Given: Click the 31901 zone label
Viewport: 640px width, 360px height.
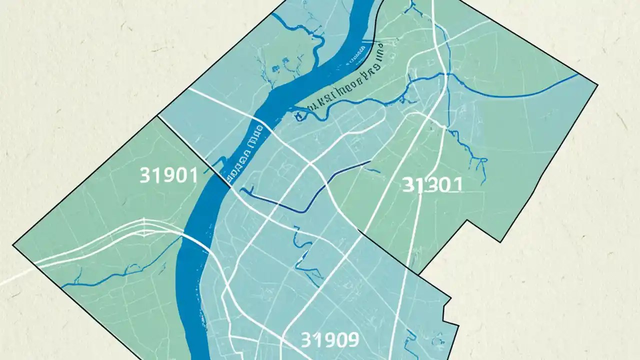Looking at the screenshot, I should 168,175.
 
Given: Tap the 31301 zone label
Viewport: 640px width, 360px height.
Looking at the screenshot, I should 432,185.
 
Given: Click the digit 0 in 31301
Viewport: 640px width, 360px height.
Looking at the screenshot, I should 444,185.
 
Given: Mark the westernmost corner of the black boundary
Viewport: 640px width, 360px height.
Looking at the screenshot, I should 13,245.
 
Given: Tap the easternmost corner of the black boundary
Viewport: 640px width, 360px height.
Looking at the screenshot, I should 597,84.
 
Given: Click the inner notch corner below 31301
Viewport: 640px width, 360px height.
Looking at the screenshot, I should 467,220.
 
